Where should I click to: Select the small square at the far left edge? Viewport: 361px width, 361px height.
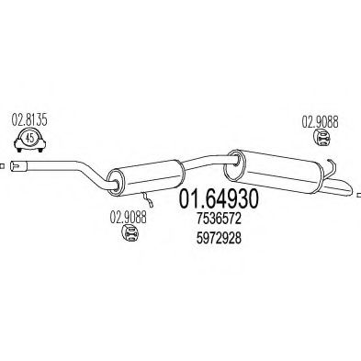(3, 166)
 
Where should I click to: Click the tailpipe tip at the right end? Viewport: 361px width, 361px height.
(344, 190)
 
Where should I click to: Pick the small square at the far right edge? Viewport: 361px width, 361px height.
(358, 190)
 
